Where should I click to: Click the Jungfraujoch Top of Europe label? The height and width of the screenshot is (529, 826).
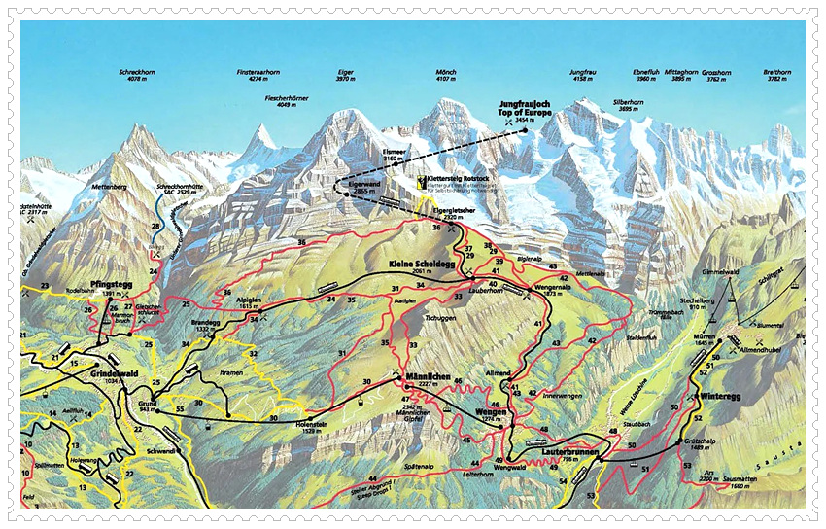pos(525,108)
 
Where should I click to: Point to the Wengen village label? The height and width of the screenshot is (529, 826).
pos(493,411)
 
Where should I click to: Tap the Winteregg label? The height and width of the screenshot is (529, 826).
pos(719,396)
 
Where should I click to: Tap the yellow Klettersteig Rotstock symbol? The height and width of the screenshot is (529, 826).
pos(419,181)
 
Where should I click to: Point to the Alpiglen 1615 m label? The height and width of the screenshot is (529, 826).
pos(251,303)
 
